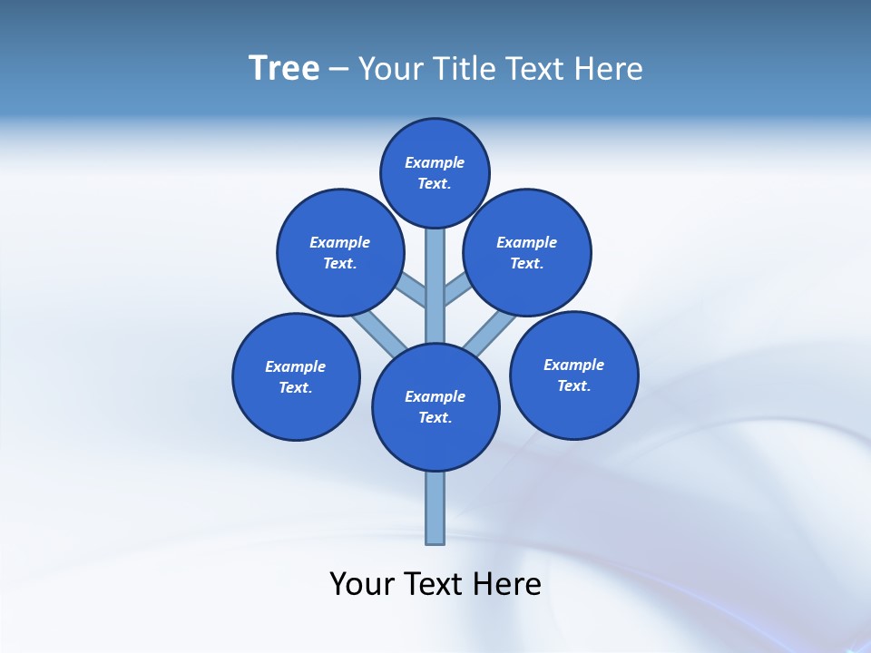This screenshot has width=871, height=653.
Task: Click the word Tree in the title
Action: (x=284, y=68)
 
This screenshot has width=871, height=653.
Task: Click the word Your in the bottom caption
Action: (x=361, y=584)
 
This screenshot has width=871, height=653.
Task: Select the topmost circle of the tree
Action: (x=435, y=172)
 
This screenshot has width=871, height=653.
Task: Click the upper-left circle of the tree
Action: (x=339, y=252)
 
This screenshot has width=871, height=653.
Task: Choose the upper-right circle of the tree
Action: (x=527, y=252)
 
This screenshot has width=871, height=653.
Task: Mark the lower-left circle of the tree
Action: (x=296, y=376)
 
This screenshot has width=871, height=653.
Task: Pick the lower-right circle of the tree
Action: (x=573, y=375)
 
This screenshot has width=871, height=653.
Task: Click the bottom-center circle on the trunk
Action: (x=435, y=406)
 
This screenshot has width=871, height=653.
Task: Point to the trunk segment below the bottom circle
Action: (x=435, y=508)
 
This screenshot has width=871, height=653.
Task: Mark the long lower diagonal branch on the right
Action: (x=490, y=332)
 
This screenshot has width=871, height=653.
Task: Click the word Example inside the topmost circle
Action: (x=435, y=162)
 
